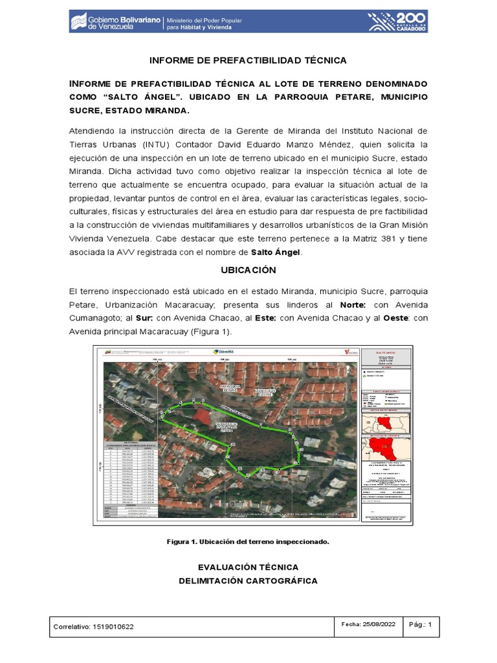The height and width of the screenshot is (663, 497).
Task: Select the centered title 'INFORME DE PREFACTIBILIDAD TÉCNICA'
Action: click(x=248, y=60)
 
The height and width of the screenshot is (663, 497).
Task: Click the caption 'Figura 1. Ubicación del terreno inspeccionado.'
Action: click(x=248, y=541)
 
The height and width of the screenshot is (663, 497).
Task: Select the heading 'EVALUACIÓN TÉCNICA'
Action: click(x=248, y=567)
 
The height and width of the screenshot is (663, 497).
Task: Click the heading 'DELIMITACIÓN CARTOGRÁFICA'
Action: click(x=248, y=581)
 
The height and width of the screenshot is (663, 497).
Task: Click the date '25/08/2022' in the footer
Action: click(x=377, y=624)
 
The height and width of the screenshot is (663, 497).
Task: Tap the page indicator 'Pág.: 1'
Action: click(x=425, y=624)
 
